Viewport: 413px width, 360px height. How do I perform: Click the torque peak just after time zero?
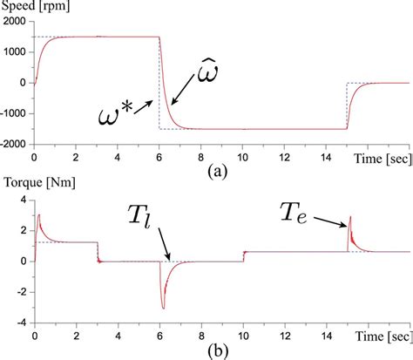coord(39,214)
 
